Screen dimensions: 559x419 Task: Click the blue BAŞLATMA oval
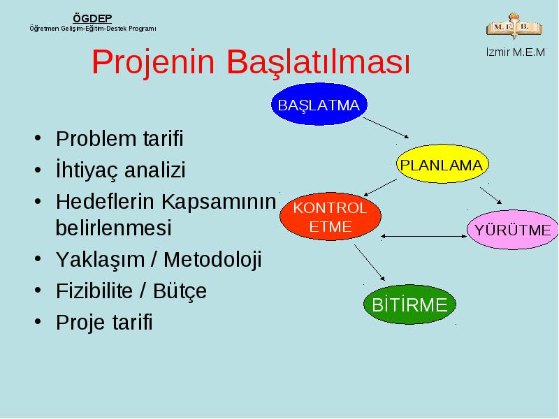tap(319, 104)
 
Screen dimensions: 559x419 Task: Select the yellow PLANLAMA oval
tap(442, 164)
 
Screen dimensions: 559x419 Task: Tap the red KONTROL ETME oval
tap(330, 216)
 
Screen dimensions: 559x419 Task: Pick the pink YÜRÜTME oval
tap(513, 230)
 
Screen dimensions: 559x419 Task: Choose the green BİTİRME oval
tap(409, 304)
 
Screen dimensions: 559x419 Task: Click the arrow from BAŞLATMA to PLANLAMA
tap(386, 128)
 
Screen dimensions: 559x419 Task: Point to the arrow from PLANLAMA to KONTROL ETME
tap(380, 187)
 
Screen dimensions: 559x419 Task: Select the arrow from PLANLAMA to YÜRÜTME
tap(491, 196)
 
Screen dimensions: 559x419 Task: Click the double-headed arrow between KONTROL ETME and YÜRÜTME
tap(424, 236)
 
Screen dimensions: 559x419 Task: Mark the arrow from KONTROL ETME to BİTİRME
tap(370, 263)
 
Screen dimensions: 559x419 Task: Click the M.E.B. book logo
tap(514, 26)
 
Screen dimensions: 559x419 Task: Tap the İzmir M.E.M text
tap(516, 52)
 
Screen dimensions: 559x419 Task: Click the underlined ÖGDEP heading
tap(92, 19)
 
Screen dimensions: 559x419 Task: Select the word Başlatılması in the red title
tap(319, 62)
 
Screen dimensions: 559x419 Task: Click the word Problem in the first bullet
tap(96, 138)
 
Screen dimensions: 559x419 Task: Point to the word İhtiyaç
tap(87, 170)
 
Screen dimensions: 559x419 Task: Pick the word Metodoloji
tap(212, 259)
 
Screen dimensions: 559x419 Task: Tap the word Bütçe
tap(180, 291)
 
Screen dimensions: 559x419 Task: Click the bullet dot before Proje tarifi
tap(38, 321)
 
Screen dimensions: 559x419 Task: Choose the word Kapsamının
tap(219, 202)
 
